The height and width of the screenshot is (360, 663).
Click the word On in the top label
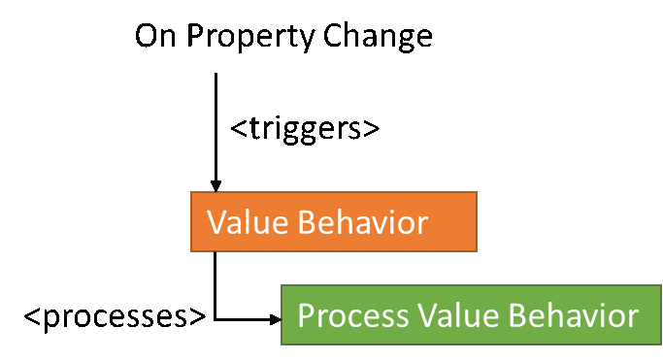point(155,36)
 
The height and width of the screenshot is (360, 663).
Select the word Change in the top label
point(378,37)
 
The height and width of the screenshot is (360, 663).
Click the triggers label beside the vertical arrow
point(305,129)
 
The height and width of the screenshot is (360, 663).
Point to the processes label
point(115,316)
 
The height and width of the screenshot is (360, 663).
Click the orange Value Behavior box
point(334,222)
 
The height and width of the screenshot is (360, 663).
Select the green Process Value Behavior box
point(471,314)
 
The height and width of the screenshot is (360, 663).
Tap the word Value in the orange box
point(248,222)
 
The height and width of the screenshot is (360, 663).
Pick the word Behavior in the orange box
point(363,222)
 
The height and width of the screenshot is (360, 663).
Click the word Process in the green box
point(353,315)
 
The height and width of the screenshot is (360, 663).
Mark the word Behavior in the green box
point(574,315)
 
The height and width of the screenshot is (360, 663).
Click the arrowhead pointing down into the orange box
point(215,186)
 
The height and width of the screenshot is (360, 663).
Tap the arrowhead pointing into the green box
point(276,319)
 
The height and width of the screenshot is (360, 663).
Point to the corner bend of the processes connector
point(215,319)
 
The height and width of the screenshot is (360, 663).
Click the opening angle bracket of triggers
point(239,128)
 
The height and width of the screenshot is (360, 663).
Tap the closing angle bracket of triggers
point(372,128)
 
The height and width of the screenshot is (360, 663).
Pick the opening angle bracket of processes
point(32,316)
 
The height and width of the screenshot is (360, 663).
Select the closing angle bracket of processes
point(198,316)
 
